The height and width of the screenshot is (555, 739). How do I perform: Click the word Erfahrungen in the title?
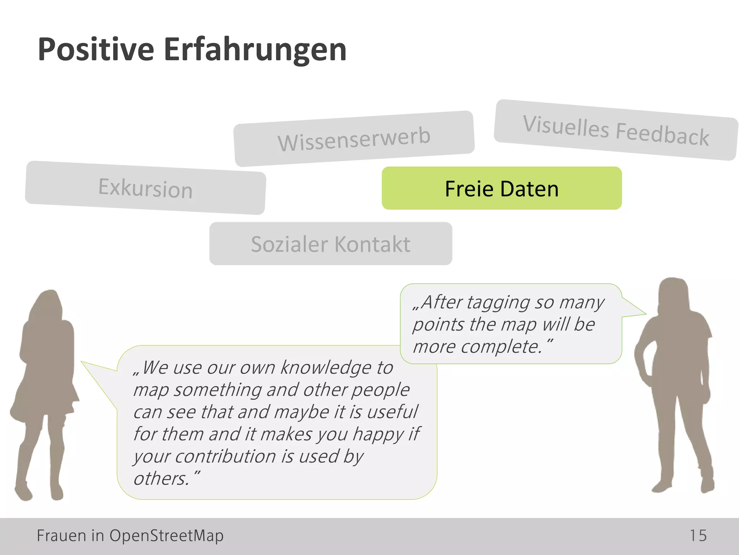(255, 50)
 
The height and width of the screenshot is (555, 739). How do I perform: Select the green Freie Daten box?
(502, 188)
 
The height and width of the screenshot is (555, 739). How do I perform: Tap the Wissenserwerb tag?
(354, 138)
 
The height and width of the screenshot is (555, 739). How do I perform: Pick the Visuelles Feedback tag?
(616, 130)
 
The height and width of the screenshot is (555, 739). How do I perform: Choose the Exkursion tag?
(145, 188)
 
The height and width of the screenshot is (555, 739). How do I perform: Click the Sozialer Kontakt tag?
(331, 244)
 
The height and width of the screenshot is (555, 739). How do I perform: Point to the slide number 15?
(698, 535)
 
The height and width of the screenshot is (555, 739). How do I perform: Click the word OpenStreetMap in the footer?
(166, 535)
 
